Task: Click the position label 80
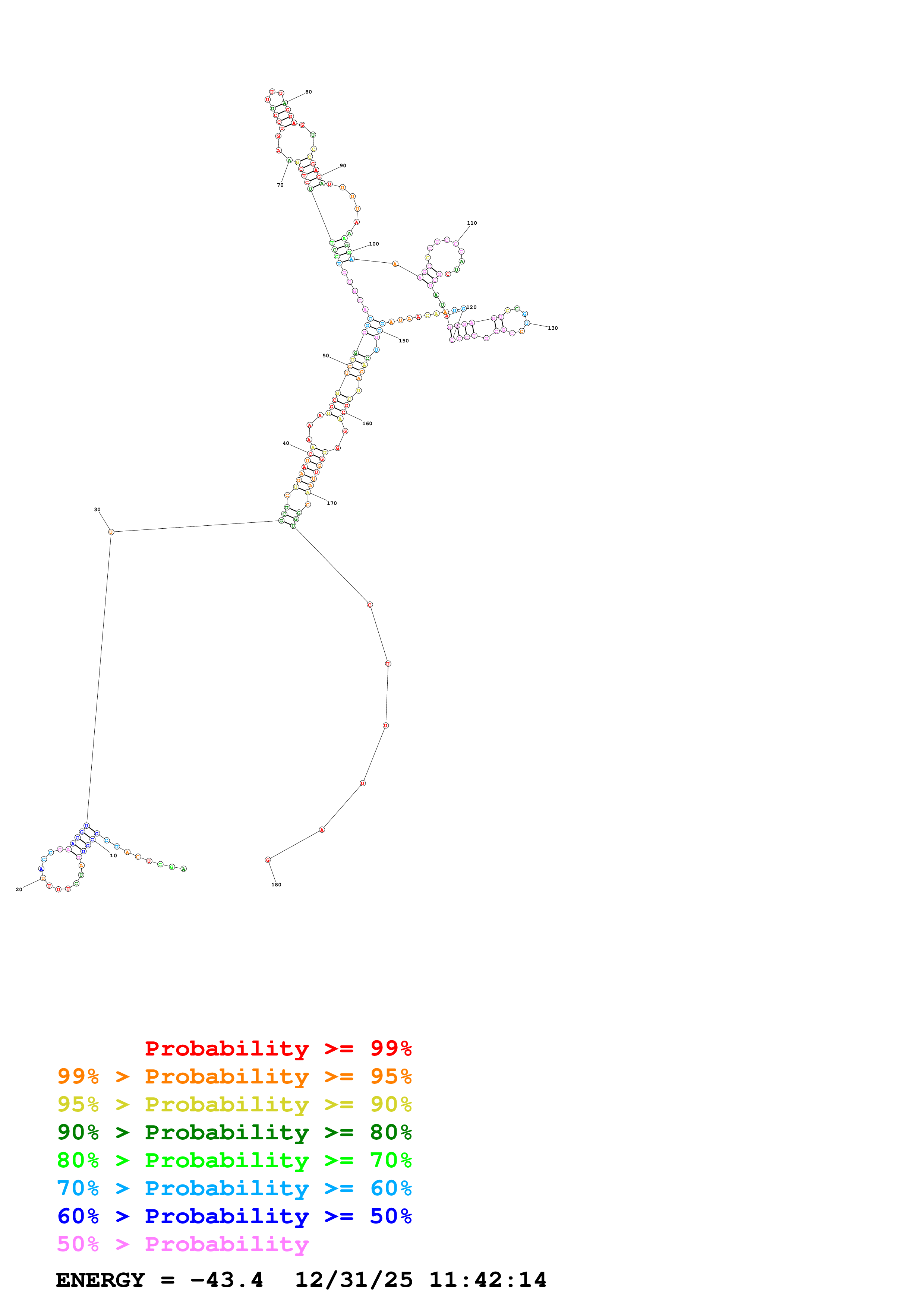pos(309,92)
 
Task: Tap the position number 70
pos(280,185)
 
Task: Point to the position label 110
pos(472,223)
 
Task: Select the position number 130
pos(553,328)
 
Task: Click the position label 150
pos(404,341)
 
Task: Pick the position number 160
pos(367,424)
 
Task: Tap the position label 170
pos(332,503)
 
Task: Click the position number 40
pos(286,443)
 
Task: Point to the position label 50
pos(326,356)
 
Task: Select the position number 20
pos(19,889)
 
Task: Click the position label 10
pos(113,855)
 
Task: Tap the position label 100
pos(374,244)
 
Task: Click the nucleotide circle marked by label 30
pos(111,532)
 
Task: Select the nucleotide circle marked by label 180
pos(268,860)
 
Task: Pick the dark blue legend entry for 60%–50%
pos(234,1216)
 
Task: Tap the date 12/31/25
pos(354,1280)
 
